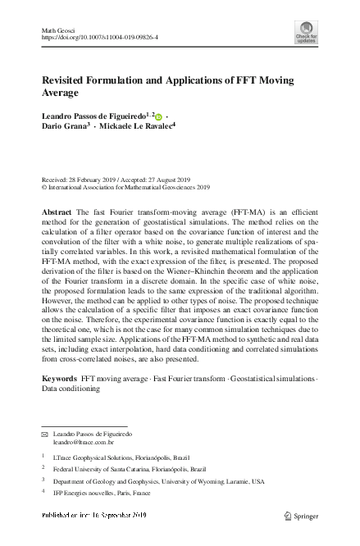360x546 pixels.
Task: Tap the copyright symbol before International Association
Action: (x=44, y=187)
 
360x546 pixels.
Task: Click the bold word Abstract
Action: (x=57, y=212)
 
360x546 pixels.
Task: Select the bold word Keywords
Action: (x=59, y=379)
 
